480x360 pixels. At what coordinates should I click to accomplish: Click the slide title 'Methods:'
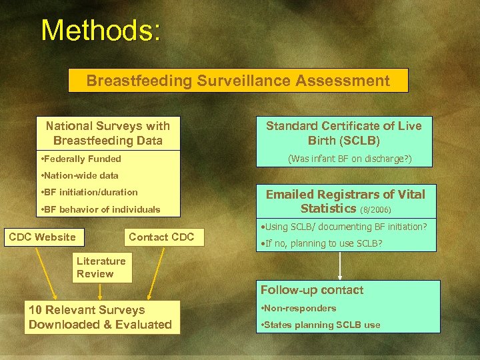(101, 31)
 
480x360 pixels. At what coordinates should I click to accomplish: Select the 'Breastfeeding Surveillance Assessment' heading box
(238, 81)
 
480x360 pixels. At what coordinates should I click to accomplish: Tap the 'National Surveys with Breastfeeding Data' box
(107, 133)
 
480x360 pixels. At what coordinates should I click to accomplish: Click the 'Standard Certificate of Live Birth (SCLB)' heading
(344, 133)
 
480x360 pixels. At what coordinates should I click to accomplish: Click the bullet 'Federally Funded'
(81, 159)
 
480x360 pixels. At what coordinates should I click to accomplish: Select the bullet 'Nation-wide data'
(79, 175)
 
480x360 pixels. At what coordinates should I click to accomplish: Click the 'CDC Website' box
(42, 237)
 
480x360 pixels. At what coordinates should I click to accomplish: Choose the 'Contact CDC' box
(161, 237)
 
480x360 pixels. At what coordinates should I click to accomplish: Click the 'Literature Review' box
(101, 267)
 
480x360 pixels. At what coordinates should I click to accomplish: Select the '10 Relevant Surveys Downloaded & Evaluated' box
(100, 317)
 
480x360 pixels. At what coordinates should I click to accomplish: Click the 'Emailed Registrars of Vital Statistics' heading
(345, 201)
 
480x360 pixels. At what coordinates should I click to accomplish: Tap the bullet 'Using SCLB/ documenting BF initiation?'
(345, 227)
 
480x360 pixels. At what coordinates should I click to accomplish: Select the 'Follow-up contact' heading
(312, 290)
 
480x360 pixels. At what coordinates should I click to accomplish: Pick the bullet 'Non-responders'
(299, 308)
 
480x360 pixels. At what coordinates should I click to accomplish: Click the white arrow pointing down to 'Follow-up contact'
(341, 265)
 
